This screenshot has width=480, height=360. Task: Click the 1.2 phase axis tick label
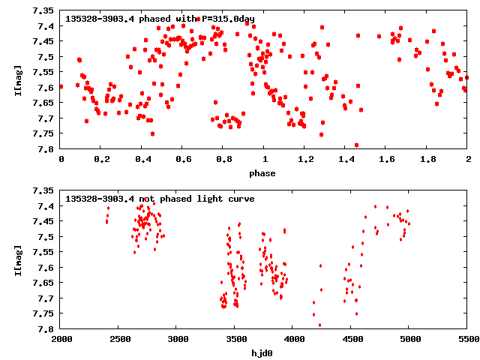[305, 159]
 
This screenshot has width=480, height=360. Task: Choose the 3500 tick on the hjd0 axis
[235, 339]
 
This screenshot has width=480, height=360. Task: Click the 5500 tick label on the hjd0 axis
[468, 339]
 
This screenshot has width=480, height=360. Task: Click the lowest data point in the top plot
[356, 145]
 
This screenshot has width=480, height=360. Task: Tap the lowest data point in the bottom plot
[319, 325]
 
